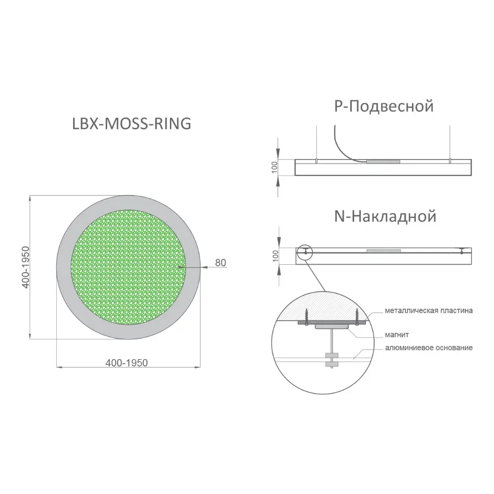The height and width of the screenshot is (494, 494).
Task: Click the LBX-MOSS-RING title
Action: tap(132, 123)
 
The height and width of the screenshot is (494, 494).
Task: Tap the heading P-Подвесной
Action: tap(384, 106)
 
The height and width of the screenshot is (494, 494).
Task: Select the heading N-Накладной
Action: tap(385, 216)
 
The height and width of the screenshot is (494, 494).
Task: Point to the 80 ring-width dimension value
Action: tap(220, 262)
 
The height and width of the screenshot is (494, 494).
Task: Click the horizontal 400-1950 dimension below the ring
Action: tap(126, 363)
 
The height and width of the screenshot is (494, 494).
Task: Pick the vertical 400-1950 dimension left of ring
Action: tap(26, 267)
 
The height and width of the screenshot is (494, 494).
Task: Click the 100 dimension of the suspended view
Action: tap(274, 167)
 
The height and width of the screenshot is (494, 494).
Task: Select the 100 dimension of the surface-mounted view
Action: tap(275, 256)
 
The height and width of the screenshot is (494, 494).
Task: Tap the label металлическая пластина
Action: tap(428, 311)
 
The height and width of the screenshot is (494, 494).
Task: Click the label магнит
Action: tap(397, 334)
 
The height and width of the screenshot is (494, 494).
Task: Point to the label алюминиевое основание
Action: tap(429, 348)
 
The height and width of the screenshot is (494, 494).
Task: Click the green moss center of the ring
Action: tap(128, 267)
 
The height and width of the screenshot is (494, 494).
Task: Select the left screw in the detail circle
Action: tap(305, 316)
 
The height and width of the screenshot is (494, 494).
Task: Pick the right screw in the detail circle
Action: tap(357, 316)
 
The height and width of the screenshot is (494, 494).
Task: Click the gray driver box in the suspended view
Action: tap(383, 162)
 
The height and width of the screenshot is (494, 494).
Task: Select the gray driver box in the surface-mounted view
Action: tap(383, 251)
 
